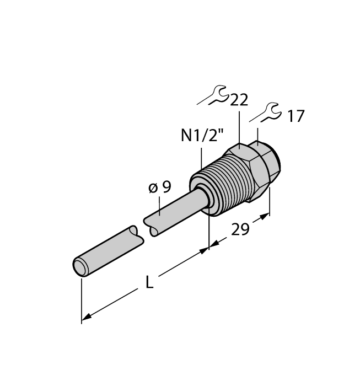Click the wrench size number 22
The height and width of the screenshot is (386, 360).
239,100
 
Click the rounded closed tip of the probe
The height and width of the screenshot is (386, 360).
80,266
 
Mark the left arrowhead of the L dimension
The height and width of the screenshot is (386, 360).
86,318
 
